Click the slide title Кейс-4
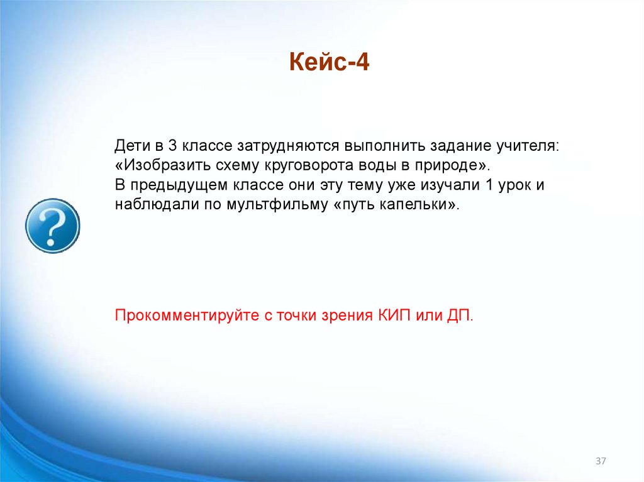tap(329, 63)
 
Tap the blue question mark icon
tap(52, 226)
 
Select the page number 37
tap(601, 462)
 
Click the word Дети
tap(132, 146)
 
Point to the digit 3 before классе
tap(172, 146)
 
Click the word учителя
tap(529, 146)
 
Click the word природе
tap(446, 166)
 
